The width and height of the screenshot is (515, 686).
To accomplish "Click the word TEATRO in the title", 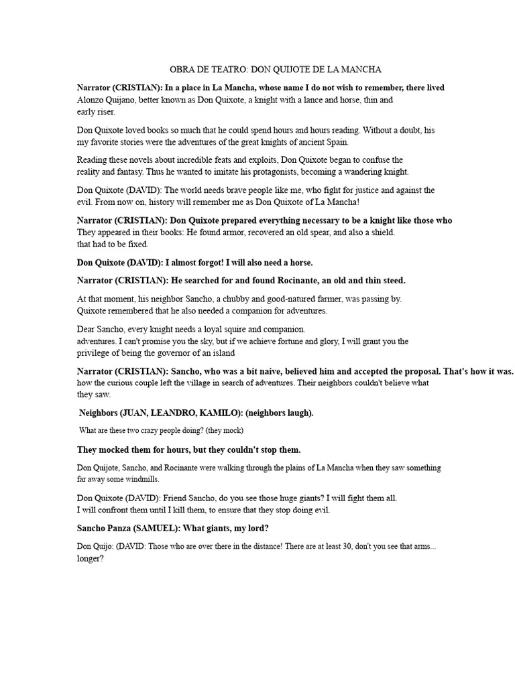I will tap(231, 70).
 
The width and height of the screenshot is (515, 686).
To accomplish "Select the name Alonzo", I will tap(92, 100).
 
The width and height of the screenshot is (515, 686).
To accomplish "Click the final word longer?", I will tap(91, 558).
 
